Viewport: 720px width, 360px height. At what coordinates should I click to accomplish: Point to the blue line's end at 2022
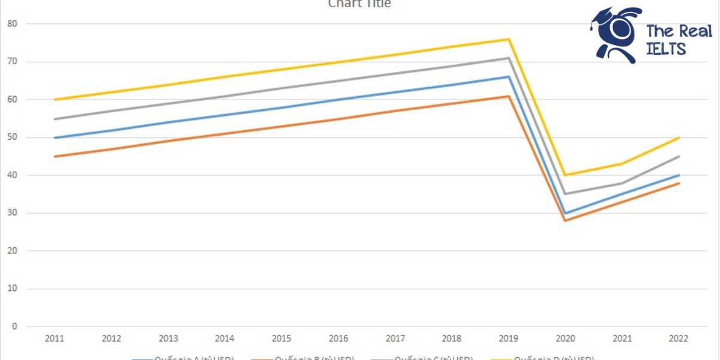(679, 175)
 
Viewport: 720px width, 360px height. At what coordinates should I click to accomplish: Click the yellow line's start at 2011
(55, 100)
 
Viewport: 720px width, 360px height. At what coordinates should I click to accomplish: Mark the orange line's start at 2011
(55, 157)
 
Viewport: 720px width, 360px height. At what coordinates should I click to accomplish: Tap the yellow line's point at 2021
(622, 164)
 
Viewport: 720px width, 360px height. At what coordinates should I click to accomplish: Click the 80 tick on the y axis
(13, 24)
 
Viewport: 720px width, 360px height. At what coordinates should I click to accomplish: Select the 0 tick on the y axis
(15, 326)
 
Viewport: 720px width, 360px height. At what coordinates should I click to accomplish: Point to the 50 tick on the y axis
(13, 137)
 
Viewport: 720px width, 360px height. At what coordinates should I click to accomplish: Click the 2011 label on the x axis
(55, 339)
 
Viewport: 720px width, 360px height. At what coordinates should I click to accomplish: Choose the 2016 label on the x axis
(338, 339)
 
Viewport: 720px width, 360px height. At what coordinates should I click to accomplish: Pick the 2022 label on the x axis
(679, 339)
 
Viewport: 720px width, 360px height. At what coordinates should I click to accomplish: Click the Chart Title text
(359, 4)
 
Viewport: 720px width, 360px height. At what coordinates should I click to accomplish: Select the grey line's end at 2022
(679, 157)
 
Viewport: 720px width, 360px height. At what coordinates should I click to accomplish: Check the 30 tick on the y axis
(13, 213)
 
